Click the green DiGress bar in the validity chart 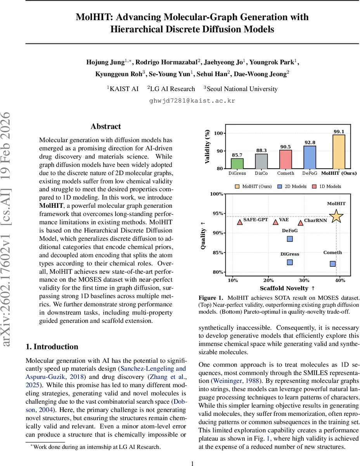237,163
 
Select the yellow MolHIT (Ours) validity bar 339,152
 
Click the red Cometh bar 286,159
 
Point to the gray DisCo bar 261,161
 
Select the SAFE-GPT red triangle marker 240,222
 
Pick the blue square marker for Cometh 333,264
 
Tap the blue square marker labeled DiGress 289,263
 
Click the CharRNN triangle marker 300,223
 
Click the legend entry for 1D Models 326,186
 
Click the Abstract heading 106,127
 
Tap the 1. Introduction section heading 52,347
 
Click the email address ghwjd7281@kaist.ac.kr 192,101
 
